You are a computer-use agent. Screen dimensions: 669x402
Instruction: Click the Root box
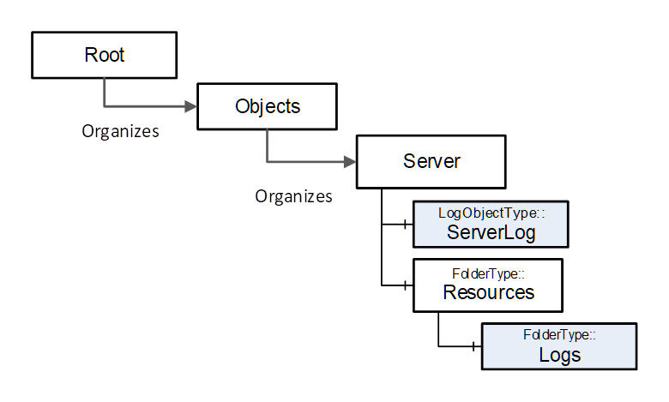point(104,55)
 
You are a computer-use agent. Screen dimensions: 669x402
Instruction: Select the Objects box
point(267,106)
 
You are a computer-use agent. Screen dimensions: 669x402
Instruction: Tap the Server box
point(431,162)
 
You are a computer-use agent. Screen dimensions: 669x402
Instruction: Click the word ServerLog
point(491,233)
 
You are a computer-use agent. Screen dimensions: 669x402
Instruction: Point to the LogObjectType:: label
point(491,213)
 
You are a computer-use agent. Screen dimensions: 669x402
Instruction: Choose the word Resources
point(489,292)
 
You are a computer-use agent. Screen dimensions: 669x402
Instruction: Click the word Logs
point(560,355)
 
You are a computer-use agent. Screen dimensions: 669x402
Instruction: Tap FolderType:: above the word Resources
point(489,273)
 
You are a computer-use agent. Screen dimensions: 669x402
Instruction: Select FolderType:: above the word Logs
point(559,334)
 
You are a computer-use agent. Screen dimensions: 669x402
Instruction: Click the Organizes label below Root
point(120,131)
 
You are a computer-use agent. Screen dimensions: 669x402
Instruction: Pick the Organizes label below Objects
point(293,196)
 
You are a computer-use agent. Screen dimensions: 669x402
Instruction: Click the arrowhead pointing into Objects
point(190,106)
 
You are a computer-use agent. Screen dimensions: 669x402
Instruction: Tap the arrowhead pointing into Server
point(350,162)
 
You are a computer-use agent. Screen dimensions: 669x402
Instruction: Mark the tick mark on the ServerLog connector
point(405,224)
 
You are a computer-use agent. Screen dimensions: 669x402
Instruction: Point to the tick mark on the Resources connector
point(405,285)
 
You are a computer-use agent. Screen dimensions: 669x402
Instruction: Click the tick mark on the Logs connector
point(473,346)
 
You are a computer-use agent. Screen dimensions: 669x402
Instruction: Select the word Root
point(104,55)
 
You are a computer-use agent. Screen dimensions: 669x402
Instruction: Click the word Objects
point(268,106)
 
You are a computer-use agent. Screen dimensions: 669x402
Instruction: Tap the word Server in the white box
point(431,161)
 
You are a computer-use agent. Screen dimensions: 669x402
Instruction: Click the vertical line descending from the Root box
point(104,93)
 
